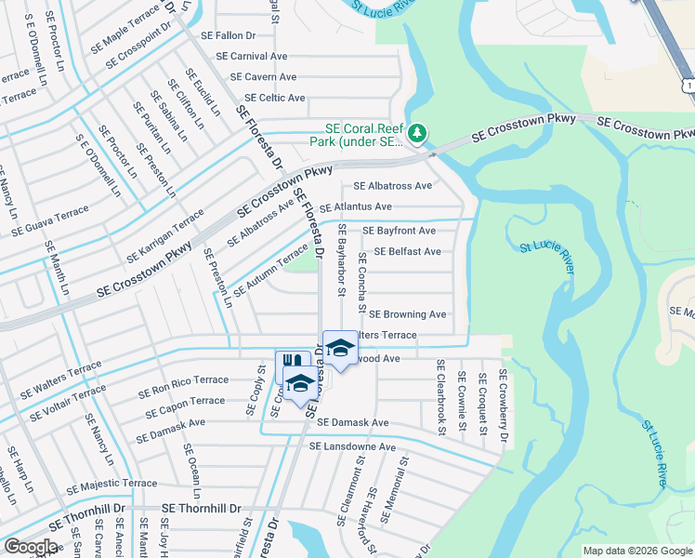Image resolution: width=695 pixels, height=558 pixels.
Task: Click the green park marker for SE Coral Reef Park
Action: (418, 134)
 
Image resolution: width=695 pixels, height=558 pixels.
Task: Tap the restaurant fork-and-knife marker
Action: (291, 362)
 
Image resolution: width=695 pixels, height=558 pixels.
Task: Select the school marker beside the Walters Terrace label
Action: (340, 349)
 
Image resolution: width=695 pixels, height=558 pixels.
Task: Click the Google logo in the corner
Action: (31, 547)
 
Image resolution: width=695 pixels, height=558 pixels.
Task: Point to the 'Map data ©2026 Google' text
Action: (637, 551)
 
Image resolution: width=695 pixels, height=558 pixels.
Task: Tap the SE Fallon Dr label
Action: (222, 35)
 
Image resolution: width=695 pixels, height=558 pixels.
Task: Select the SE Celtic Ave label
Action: (274, 98)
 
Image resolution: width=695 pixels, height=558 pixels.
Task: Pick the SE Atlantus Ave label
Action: (369, 206)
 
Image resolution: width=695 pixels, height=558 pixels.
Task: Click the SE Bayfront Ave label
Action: (399, 230)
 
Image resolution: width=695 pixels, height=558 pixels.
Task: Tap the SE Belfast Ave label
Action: (407, 251)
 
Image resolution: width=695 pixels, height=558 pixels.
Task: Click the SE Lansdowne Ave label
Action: (358, 447)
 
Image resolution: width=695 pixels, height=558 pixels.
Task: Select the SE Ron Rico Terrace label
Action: (183, 380)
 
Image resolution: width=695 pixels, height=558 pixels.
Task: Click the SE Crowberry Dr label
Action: (504, 405)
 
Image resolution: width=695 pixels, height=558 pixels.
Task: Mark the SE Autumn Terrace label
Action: (269, 270)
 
